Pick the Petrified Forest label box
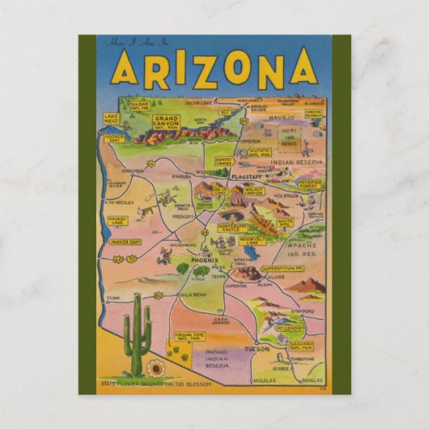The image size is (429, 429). click(311, 185)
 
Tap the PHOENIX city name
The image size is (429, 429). click(198, 261)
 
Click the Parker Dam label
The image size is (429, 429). click(125, 242)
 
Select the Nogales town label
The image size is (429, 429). click(265, 379)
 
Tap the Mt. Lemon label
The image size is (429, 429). click(289, 329)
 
